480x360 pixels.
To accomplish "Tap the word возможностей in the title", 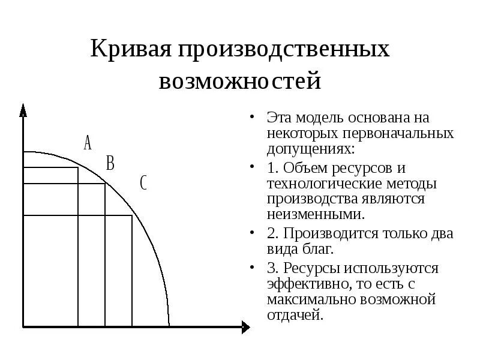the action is point(240,80).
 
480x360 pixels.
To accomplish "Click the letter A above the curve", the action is point(88,143).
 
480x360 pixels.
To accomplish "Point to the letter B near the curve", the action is point(110,163).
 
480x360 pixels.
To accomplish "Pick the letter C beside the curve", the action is point(143,182).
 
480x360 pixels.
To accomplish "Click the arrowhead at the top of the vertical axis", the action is point(23,110).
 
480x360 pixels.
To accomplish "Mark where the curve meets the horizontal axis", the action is point(169,326).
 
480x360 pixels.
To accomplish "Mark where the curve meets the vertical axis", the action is point(24,152).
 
